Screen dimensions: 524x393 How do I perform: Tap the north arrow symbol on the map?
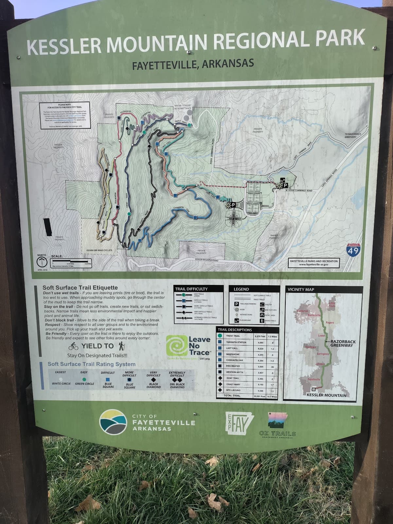(42, 262)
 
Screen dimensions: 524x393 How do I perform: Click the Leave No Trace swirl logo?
(176, 346)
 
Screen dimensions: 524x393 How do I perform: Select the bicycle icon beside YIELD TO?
(74, 346)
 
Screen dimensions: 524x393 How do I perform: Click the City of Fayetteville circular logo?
(113, 421)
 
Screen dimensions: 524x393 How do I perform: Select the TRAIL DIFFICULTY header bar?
(199, 289)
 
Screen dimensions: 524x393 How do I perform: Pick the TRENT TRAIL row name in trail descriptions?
(233, 336)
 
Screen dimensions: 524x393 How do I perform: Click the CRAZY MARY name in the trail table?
(233, 384)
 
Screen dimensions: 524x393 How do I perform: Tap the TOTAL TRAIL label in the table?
(232, 396)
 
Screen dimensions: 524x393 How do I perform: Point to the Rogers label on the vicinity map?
(330, 323)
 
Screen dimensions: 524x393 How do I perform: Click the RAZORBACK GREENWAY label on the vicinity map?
(343, 343)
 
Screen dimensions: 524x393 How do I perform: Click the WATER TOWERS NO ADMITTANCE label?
(183, 107)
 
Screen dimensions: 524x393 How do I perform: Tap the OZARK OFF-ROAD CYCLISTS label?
(99, 250)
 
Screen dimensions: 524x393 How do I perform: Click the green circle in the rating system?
(84, 379)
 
